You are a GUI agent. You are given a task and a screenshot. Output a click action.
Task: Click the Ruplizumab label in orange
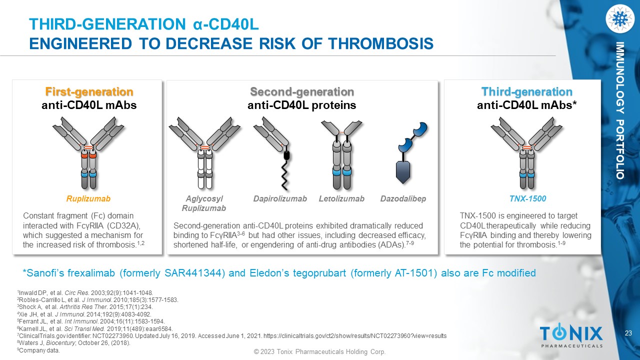pos(88,198)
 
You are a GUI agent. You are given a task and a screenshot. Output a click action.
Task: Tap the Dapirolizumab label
pos(280,198)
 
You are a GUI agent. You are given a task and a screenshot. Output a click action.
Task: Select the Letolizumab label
pos(341,198)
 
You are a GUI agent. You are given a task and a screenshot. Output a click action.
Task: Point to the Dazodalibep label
pos(403,198)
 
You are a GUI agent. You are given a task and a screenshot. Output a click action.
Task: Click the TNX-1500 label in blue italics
pos(527,198)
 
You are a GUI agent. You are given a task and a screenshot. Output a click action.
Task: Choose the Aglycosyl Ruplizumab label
pos(203,203)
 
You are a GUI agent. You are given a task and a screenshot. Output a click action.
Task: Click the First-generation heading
pos(89,91)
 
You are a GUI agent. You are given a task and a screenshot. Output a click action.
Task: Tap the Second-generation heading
pos(302,91)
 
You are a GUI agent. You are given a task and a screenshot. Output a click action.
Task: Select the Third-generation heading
pos(527,91)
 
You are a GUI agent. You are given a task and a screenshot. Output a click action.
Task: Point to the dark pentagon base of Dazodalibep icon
pos(403,172)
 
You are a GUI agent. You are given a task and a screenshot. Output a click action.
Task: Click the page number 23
pos(628,333)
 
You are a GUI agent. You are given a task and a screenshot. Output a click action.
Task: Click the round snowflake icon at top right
pos(619,19)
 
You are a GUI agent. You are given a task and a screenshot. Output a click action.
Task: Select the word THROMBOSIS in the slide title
pos(380,43)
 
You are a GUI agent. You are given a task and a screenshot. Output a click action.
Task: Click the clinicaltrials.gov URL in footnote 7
pos(355,336)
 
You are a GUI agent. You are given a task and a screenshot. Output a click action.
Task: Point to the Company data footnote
pos(39,350)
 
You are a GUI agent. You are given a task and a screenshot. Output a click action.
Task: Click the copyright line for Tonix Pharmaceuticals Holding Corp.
pos(319,351)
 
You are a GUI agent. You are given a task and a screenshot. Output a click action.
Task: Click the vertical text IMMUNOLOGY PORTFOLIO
pos(620,110)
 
